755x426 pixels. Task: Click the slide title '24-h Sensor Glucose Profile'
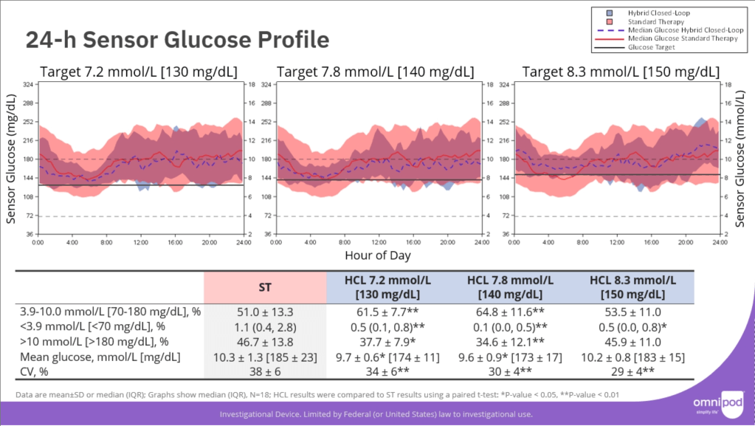(177, 40)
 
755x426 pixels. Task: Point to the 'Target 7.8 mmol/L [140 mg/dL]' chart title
(376, 72)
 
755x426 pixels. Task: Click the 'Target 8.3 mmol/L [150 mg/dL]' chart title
(621, 72)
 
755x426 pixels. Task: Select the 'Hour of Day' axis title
(377, 255)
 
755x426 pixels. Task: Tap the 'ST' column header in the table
(265, 286)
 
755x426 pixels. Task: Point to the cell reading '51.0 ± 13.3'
(265, 312)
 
